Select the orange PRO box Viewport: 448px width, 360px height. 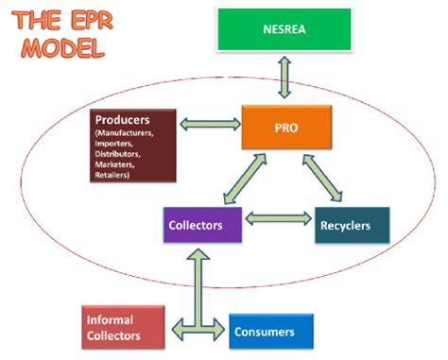tap(283, 125)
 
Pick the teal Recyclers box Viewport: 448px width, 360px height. tap(351, 226)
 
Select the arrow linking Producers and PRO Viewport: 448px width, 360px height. tap(209, 124)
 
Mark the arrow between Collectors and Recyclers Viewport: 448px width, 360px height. tap(277, 219)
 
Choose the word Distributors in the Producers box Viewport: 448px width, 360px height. tap(122, 155)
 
